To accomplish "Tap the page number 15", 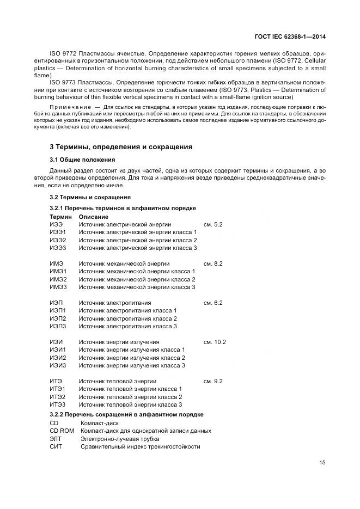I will click(322, 463).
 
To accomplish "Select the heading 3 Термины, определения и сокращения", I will click(120, 147).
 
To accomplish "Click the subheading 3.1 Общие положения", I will click(82, 160).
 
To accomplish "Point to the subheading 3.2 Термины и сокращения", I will click(90, 197).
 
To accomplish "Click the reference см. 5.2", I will click(213, 224).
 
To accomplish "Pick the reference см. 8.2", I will click(213, 263).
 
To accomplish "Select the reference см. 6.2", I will click(213, 303).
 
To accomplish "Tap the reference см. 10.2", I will click(215, 342).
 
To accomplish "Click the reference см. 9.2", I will click(213, 381).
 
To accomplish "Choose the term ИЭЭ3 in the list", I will click(58, 248).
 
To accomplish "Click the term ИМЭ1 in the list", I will click(58, 271).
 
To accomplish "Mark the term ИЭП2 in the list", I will click(58, 318).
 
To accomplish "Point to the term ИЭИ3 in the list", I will click(58, 365).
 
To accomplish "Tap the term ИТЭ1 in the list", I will click(58, 389).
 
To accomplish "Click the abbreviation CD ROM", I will click(62, 431).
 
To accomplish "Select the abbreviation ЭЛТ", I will click(56, 438).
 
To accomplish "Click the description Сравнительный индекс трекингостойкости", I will click(140, 446).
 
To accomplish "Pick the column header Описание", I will click(94, 217).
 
